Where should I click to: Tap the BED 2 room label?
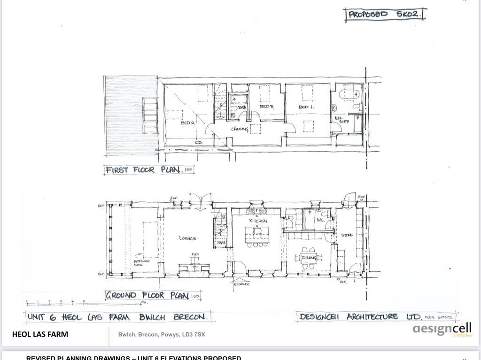(x=188, y=123)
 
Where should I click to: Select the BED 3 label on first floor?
(x=267, y=107)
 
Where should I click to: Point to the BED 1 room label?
(x=306, y=107)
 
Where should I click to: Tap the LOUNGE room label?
(x=188, y=238)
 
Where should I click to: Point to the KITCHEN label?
(x=258, y=221)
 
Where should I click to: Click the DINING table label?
(x=309, y=258)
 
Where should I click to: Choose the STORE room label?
(x=347, y=235)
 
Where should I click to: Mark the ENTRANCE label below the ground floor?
(x=241, y=284)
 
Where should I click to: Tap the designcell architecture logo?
(x=442, y=329)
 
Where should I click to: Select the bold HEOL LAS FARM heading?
(x=40, y=334)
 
